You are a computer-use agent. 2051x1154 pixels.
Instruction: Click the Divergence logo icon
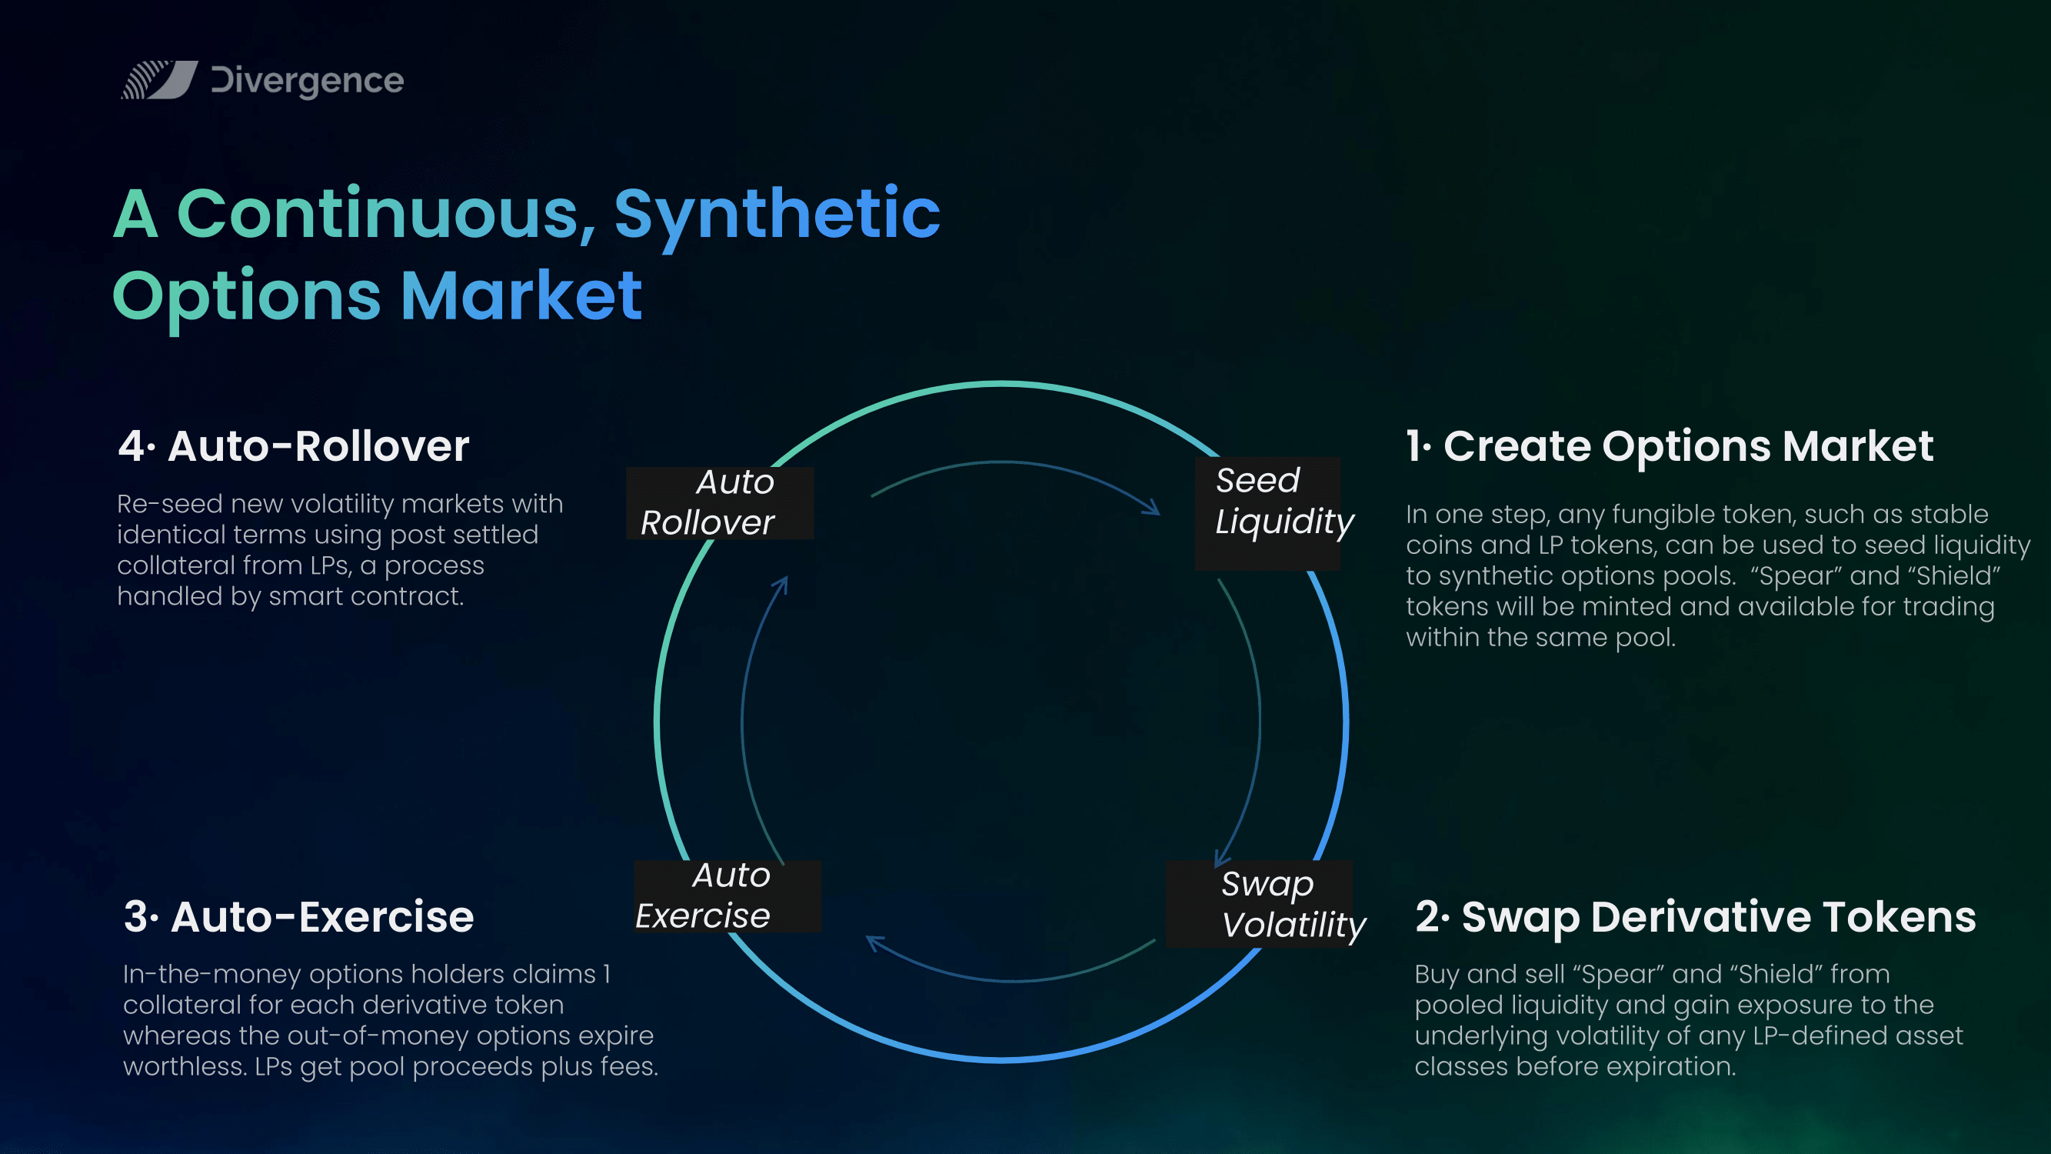159,80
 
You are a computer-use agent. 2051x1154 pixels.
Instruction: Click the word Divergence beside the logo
308,82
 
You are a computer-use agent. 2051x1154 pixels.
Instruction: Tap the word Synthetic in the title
777,215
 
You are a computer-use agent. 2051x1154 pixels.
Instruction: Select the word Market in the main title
521,295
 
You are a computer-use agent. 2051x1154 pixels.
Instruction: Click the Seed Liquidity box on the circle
1268,513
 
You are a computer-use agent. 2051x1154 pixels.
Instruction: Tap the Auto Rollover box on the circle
720,502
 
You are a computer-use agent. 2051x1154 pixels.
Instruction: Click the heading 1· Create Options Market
1670,446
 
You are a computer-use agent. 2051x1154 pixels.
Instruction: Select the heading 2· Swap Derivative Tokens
1695,918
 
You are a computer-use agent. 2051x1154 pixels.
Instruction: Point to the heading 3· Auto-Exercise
298,917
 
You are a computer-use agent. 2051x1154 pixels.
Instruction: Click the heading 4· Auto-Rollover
294,446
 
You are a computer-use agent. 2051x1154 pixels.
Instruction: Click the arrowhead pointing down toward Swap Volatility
1221,859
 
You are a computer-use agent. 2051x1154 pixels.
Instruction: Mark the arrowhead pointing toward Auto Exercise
874,943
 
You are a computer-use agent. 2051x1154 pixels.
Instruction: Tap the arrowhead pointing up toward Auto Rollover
781,585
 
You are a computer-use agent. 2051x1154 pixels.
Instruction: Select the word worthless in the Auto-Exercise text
185,1066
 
